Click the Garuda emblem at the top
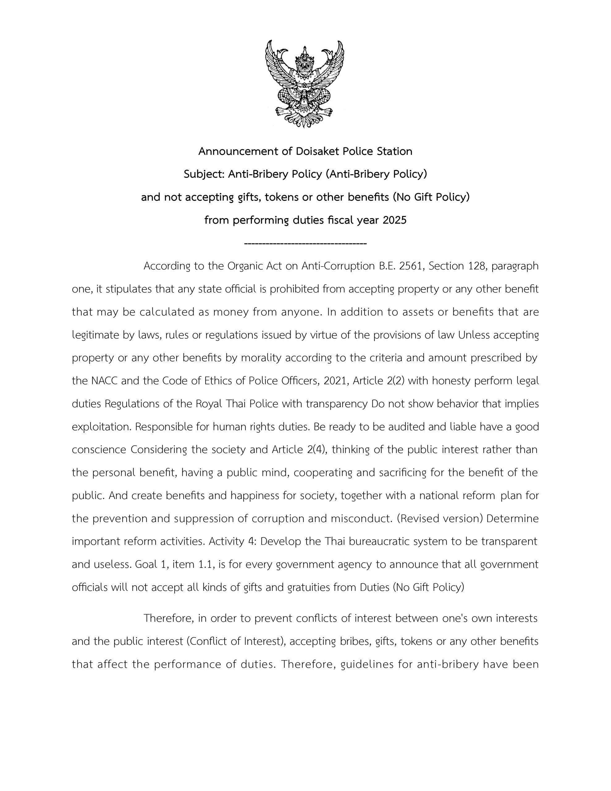[305, 84]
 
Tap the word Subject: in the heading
[204, 174]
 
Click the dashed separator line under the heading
[305, 243]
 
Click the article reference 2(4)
[317, 450]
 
